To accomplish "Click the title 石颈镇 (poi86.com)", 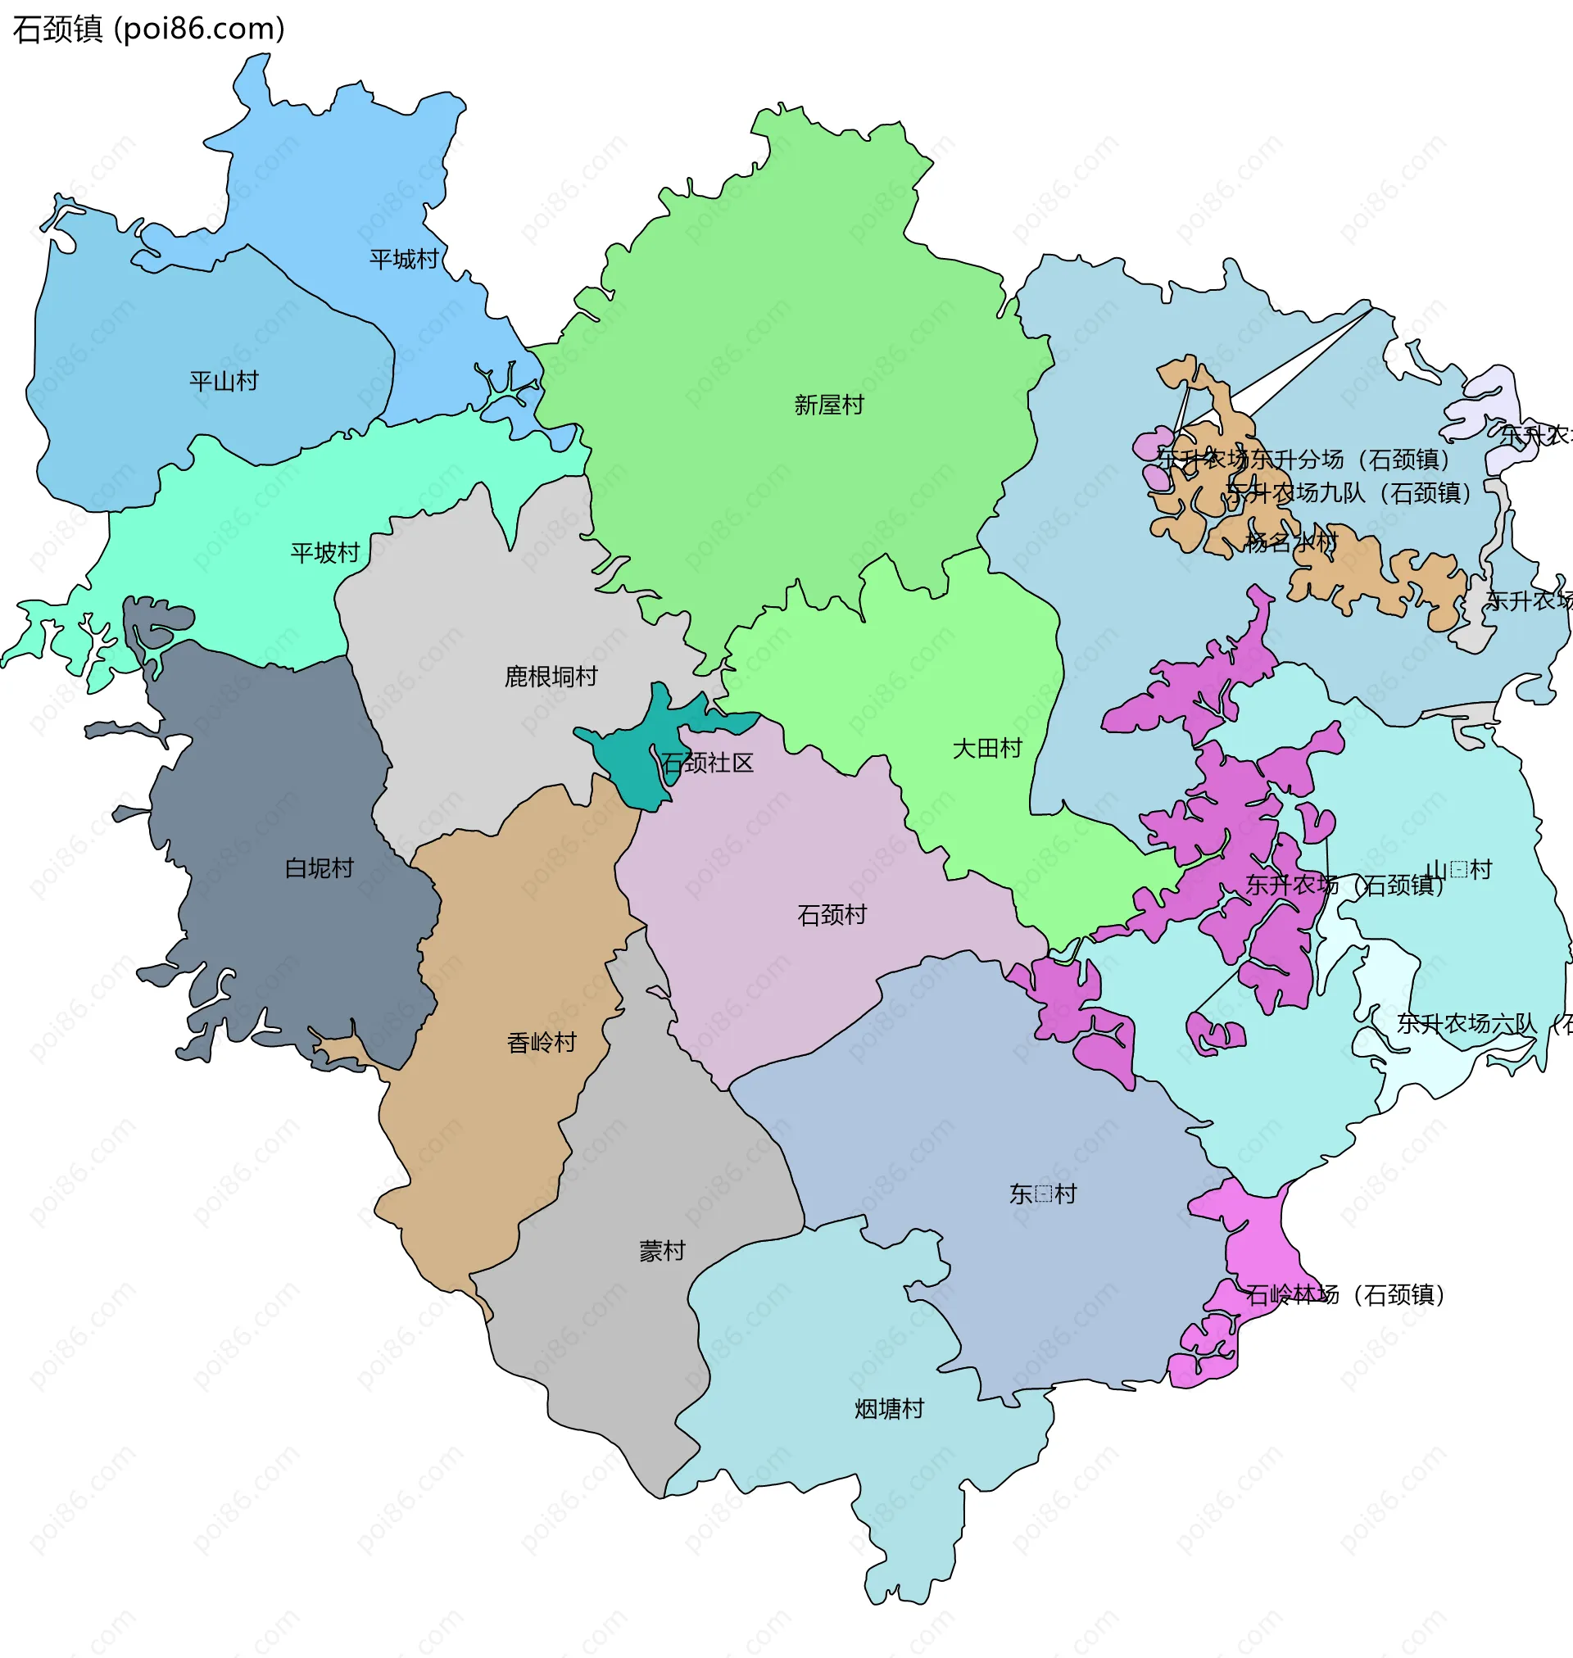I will click(149, 29).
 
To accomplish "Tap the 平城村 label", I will click(404, 260).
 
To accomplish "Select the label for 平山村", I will click(224, 382).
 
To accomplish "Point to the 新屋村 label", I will click(828, 405).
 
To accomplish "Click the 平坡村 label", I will click(324, 553).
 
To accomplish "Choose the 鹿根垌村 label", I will click(550, 677).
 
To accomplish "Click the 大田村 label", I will click(987, 750).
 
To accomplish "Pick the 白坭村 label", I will click(319, 868).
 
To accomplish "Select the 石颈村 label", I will click(832, 915).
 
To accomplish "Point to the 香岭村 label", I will click(542, 1044).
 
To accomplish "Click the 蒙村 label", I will click(663, 1253).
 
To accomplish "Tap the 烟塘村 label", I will click(889, 1410).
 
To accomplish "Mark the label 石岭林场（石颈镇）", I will click(1345, 1296).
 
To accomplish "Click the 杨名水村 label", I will click(1290, 543).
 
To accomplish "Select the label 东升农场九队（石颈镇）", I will click(1349, 494).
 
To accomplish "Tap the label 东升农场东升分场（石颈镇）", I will click(1303, 460).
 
